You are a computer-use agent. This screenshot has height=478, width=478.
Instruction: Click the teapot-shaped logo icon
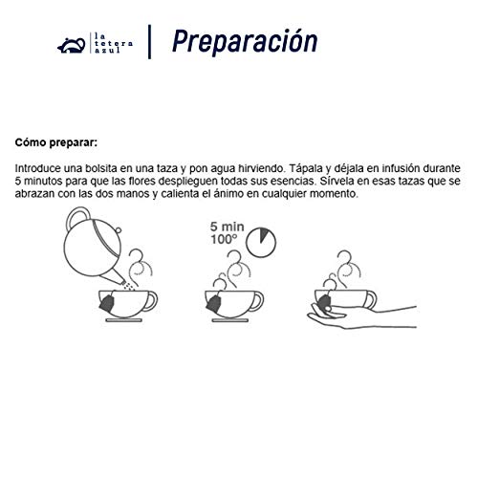[72, 45]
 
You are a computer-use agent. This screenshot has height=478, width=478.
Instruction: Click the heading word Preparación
[245, 41]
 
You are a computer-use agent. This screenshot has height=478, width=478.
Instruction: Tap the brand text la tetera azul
[114, 42]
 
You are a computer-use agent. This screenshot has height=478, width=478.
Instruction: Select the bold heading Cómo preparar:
[56, 142]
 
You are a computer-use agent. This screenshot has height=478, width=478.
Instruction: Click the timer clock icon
[261, 242]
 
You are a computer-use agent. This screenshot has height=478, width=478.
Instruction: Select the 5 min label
[227, 227]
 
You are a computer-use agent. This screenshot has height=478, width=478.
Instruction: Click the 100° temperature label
[224, 240]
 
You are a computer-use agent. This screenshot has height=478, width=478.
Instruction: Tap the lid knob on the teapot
[118, 230]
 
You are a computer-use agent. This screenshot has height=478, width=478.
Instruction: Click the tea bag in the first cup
[107, 303]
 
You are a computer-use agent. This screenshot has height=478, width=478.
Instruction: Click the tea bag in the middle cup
[213, 303]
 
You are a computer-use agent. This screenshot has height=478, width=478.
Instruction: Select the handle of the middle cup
[257, 301]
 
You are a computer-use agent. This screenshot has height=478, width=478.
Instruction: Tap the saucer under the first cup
[124, 320]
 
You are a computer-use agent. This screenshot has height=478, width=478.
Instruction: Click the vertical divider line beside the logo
[149, 42]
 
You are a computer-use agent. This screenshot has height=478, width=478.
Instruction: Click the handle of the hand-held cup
[371, 299]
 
